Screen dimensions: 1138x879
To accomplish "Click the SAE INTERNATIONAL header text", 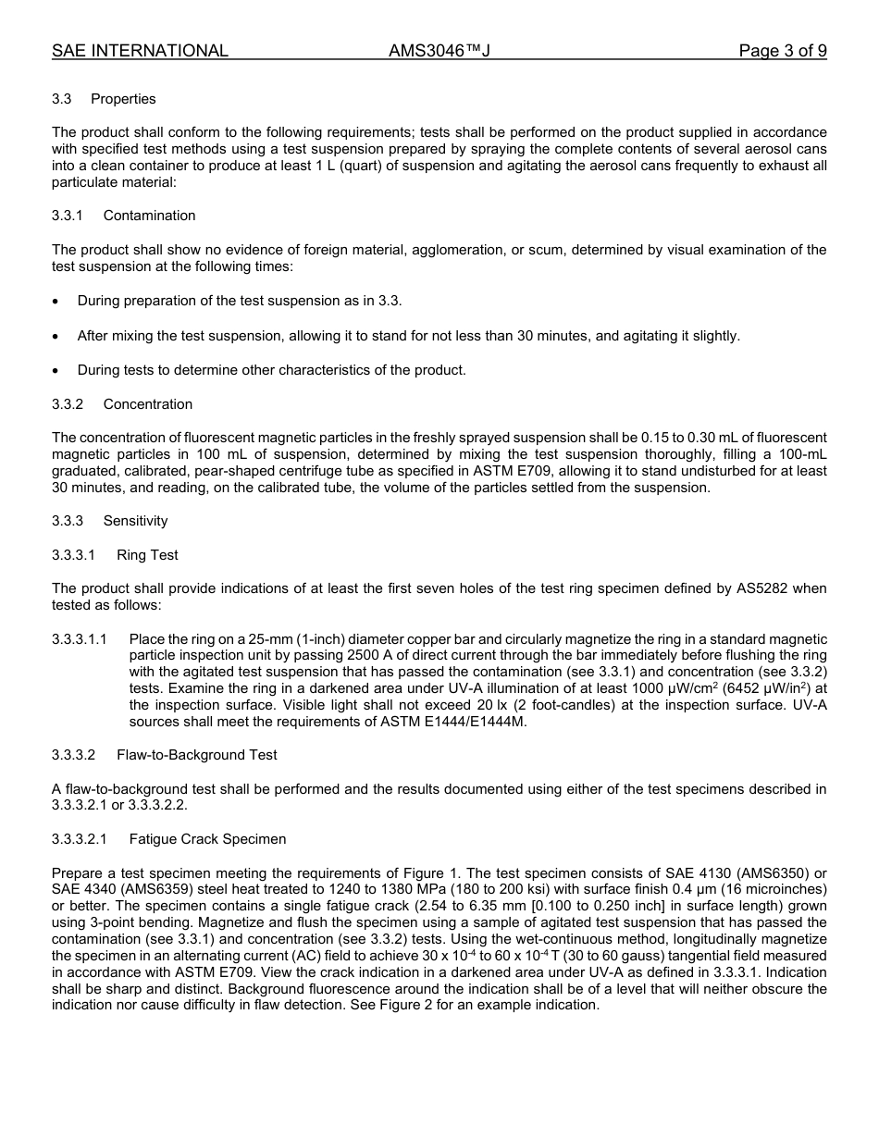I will pyautogui.click(x=140, y=51).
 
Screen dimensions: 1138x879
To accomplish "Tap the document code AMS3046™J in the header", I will pyautogui.click(x=439, y=51).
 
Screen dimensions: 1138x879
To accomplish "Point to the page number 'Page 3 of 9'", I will pyautogui.click(x=782, y=51).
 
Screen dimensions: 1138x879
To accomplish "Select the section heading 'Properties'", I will pyautogui.click(x=123, y=99).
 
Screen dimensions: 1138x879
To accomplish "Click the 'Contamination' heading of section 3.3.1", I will pyautogui.click(x=149, y=216).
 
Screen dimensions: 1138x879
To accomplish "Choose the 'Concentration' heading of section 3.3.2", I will pyautogui.click(x=148, y=404).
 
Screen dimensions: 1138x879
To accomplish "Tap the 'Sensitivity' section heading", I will pyautogui.click(x=135, y=521).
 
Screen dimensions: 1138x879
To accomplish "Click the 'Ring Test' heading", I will pyautogui.click(x=147, y=555).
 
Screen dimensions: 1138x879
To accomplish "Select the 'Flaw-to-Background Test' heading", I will pyautogui.click(x=196, y=755).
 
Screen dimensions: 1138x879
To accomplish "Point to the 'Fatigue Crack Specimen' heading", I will pyautogui.click(x=207, y=839).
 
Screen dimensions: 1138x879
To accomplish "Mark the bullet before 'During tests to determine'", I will pyautogui.click(x=56, y=370).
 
